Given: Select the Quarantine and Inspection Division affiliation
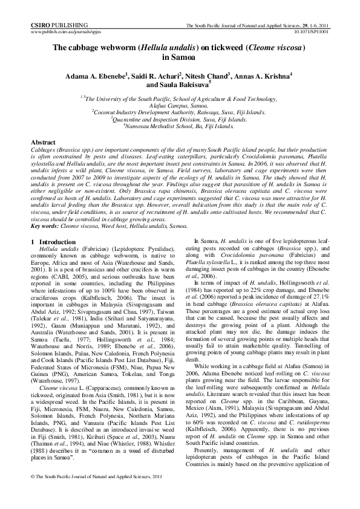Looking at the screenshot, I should tap(180, 119).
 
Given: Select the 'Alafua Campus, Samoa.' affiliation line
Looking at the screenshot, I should tap(180, 105).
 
